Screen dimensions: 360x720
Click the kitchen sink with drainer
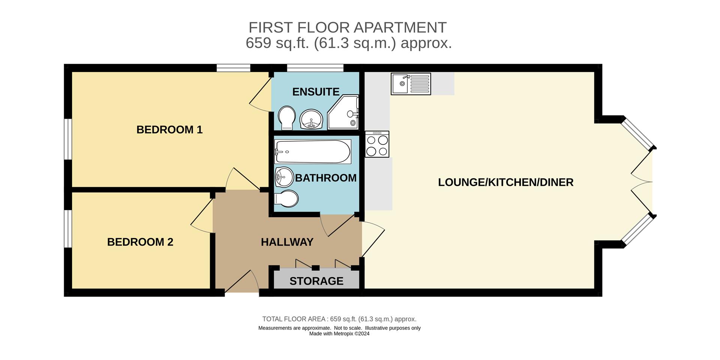click(x=411, y=84)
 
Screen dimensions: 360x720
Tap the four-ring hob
click(x=377, y=144)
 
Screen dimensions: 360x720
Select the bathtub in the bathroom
click(x=312, y=151)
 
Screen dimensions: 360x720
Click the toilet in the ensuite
click(x=287, y=118)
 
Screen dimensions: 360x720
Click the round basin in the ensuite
click(x=311, y=119)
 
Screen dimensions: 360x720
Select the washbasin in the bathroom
click(x=284, y=177)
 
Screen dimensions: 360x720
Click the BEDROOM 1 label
click(x=169, y=130)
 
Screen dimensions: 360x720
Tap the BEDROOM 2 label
click(x=140, y=242)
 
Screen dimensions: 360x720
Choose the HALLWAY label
click(x=287, y=242)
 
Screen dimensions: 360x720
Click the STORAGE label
click(x=316, y=281)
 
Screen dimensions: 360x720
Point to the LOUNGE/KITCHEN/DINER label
click(x=505, y=183)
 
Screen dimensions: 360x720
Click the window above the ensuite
click(x=315, y=68)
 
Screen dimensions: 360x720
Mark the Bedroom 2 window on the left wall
click(x=68, y=229)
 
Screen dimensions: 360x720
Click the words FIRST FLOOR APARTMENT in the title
click(x=347, y=27)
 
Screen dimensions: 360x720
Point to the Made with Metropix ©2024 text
click(x=339, y=334)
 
